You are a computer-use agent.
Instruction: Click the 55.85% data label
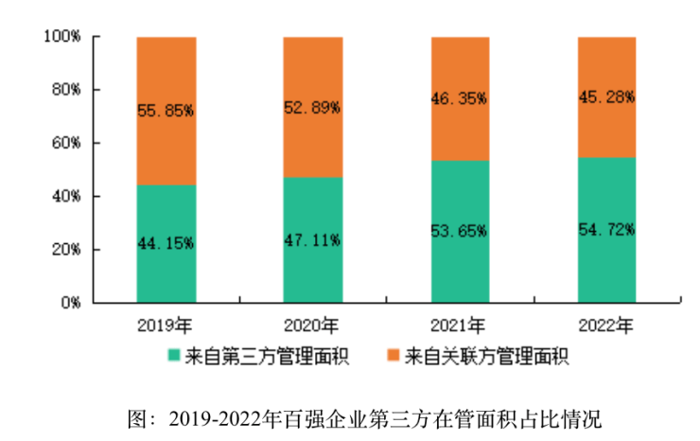166,110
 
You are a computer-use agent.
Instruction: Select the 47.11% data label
312,239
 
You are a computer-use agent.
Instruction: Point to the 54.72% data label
606,229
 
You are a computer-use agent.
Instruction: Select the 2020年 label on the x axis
312,326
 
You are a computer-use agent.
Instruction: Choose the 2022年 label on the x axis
606,326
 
